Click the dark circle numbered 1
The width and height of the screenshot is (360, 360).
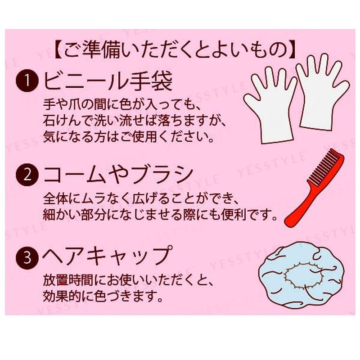pyautogui.click(x=27, y=81)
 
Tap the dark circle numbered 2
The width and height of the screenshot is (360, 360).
pyautogui.click(x=27, y=175)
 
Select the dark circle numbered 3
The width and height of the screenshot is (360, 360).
pyautogui.click(x=27, y=257)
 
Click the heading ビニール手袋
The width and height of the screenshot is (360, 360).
pyautogui.click(x=108, y=81)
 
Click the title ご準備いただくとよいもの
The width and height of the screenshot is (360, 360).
pyautogui.click(x=175, y=49)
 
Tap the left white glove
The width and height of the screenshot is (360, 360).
pyautogui.click(x=271, y=106)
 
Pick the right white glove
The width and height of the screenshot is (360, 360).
pyautogui.click(x=323, y=92)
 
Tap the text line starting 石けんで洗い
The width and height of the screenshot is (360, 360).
pyautogui.click(x=135, y=121)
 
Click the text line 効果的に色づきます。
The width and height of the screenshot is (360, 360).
pyautogui.click(x=103, y=297)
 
